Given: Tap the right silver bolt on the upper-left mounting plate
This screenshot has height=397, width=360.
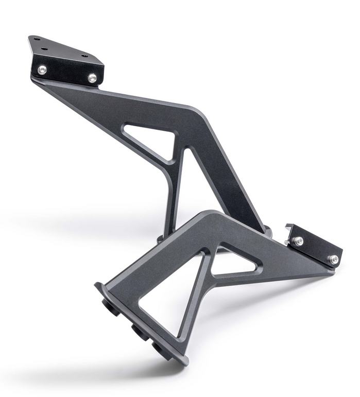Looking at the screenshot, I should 92,78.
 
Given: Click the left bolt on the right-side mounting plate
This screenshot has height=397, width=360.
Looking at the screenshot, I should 298,241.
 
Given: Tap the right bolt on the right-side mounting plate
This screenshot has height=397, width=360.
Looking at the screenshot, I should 334,259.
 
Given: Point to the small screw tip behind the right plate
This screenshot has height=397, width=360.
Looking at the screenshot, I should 286,243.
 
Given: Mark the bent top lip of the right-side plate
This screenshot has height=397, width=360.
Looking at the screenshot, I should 289,228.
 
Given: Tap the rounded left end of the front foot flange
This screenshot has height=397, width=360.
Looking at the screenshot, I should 99,286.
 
